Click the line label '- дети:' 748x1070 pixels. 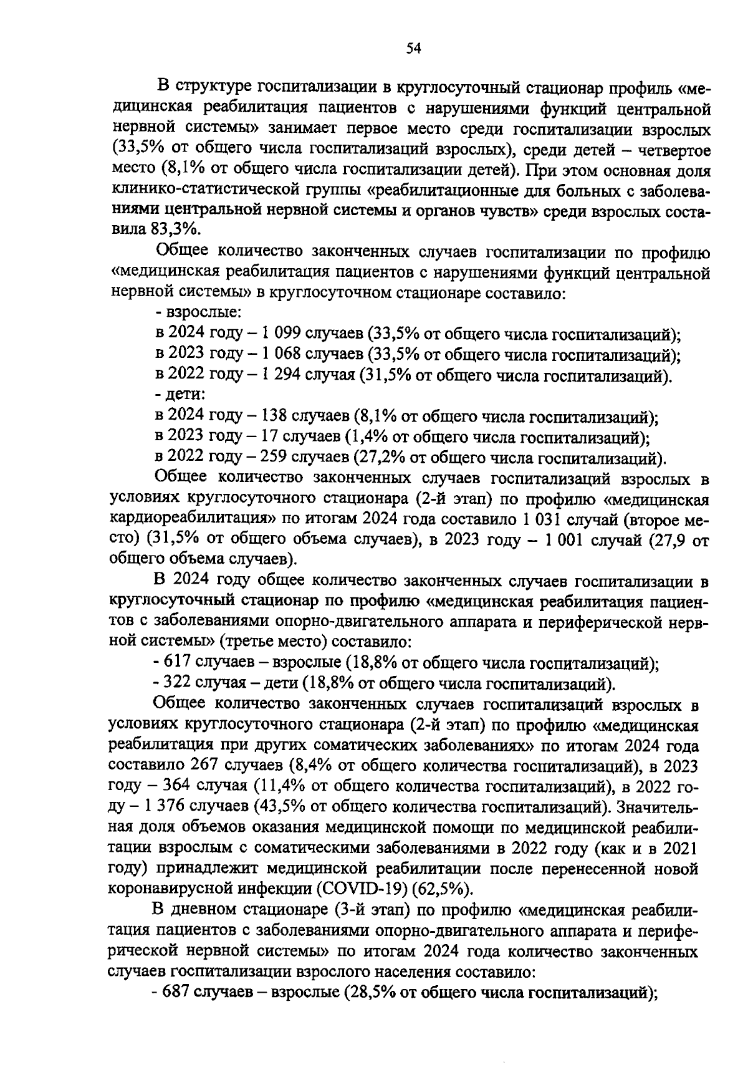(180, 395)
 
